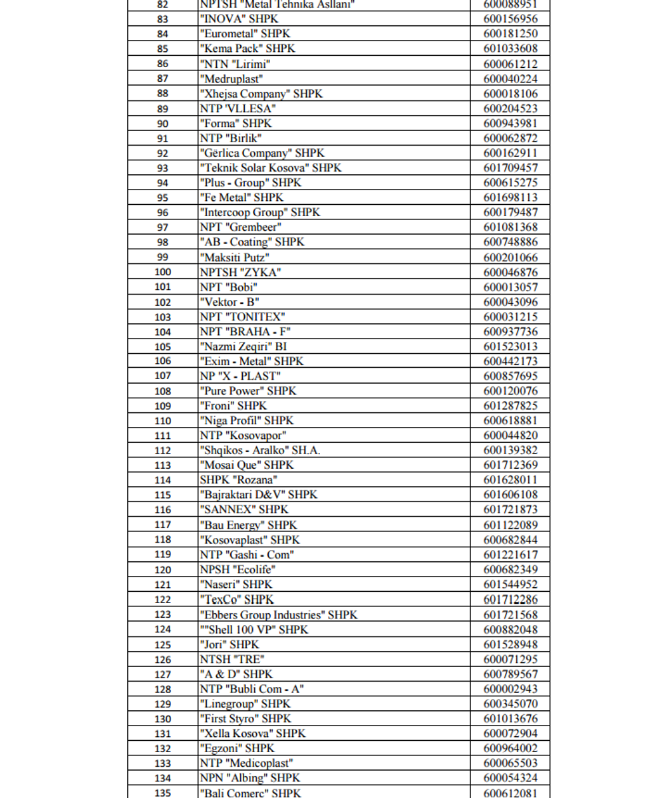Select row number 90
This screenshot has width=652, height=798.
[x=162, y=124]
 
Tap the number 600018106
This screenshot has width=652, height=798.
[x=510, y=94]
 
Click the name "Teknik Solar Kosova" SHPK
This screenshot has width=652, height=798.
[x=270, y=168]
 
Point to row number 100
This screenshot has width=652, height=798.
[x=162, y=272]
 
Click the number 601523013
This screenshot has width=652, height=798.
[x=510, y=346]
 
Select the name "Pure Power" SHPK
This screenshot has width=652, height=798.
[x=248, y=391]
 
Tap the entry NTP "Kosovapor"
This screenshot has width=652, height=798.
[x=243, y=436]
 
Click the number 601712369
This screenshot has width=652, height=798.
[x=510, y=465]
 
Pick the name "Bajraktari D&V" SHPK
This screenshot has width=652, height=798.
[x=258, y=495]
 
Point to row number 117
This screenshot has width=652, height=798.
[x=162, y=525]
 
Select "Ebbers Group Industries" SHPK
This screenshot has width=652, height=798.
[x=278, y=615]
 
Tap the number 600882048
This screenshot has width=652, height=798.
[x=510, y=630]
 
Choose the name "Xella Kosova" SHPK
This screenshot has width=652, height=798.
[x=252, y=733]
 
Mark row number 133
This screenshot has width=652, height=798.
[x=162, y=763]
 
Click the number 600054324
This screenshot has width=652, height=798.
[x=510, y=778]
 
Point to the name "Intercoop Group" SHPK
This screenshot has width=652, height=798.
[x=259, y=213]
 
